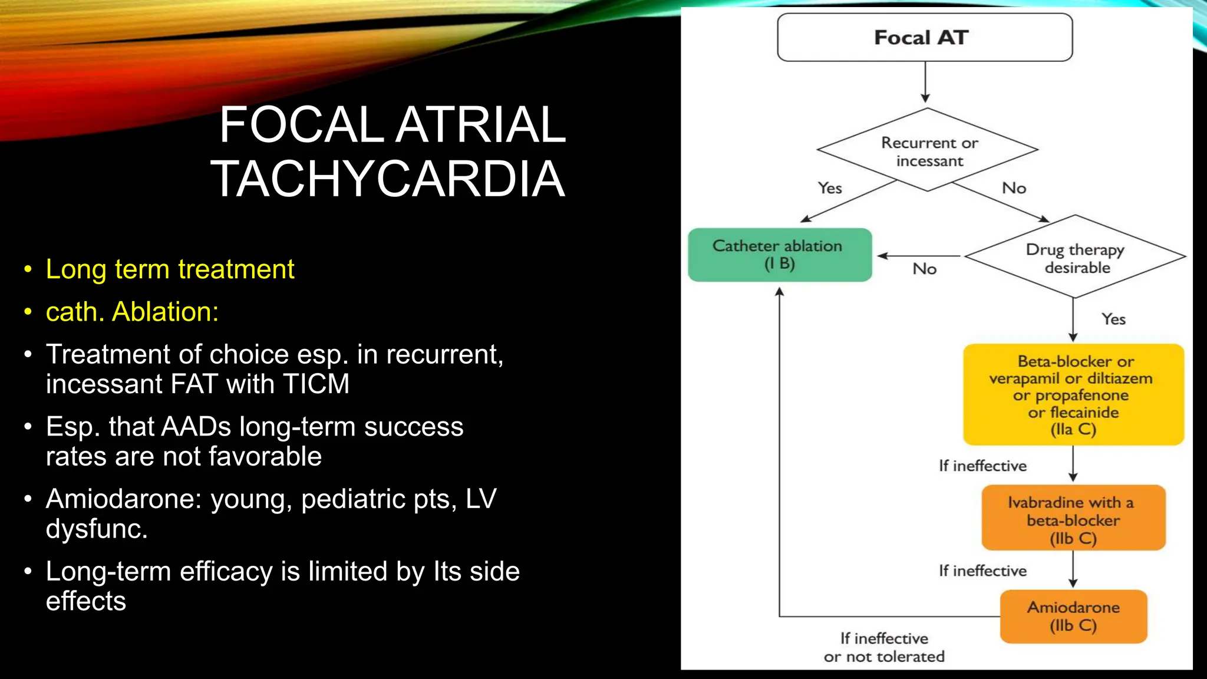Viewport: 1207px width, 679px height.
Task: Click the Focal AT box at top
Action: point(924,38)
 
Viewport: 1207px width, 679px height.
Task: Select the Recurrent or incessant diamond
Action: point(928,151)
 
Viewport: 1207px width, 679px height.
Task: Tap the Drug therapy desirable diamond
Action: point(1076,258)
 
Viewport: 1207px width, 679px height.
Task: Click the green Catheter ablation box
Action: point(779,255)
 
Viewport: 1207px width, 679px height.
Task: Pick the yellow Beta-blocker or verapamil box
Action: point(1073,394)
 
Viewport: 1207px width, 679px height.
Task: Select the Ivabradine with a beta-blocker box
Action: point(1073,519)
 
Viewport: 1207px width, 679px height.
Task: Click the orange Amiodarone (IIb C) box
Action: point(1073,616)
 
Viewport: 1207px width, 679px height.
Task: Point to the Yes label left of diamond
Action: point(830,188)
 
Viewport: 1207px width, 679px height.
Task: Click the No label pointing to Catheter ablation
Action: point(924,269)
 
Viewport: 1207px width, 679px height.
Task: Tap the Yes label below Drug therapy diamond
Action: point(1113,319)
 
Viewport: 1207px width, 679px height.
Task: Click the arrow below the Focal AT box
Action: point(925,83)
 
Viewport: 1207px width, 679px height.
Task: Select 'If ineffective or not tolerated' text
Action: point(884,647)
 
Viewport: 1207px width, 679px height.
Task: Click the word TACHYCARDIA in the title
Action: point(388,179)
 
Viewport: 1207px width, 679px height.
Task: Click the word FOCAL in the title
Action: point(301,124)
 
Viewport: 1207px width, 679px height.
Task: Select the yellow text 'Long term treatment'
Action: point(170,269)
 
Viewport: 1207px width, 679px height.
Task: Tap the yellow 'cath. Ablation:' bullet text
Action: point(132,312)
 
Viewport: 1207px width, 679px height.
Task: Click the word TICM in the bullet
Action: point(316,384)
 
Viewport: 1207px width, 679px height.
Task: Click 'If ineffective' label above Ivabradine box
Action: point(982,466)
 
